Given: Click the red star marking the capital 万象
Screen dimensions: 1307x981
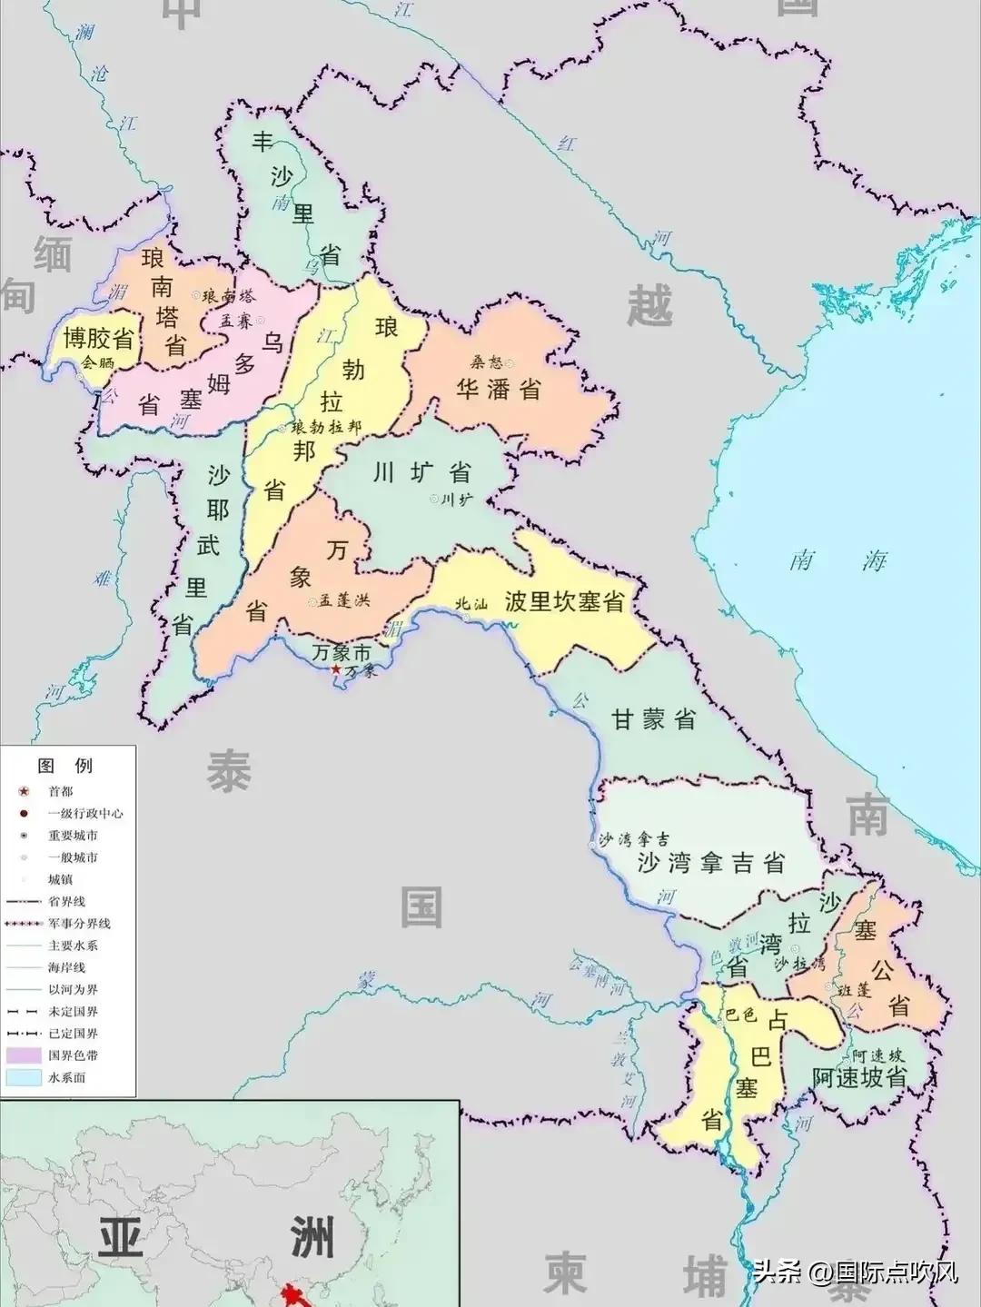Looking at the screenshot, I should point(337,669).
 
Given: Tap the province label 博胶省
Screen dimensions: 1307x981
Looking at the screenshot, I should point(98,340).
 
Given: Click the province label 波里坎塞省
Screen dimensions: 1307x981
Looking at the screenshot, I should point(564,601).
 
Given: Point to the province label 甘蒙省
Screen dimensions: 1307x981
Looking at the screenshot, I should point(652,720).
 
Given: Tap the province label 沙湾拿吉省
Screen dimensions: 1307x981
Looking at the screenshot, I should point(710,862).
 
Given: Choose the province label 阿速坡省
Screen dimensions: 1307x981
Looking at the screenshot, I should point(858,1077).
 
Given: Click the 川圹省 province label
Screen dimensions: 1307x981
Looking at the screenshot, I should point(421,472).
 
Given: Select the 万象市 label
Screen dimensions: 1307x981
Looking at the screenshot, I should point(341,652).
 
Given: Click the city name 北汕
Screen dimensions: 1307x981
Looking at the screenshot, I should point(472,603).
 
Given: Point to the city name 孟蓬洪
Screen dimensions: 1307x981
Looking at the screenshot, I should point(344,601).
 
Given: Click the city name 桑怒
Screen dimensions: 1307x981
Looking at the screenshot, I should point(486,362).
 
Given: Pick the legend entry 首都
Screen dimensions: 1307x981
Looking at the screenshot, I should point(61,791).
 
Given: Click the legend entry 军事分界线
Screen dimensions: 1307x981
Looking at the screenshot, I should point(79,923).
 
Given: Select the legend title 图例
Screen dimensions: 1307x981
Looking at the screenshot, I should point(64,766).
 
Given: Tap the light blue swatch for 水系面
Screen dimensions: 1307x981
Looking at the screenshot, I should point(24,1077).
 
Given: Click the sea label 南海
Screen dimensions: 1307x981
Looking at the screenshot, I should point(837,559).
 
